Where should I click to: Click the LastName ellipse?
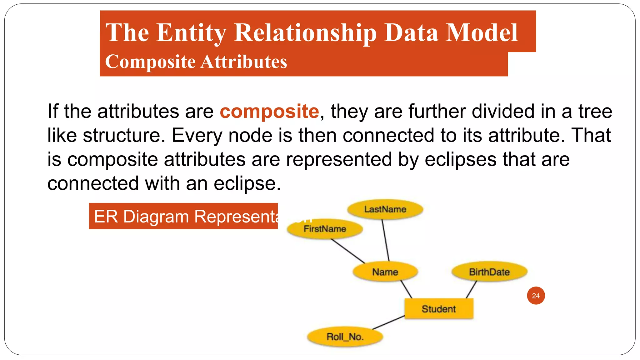coord(385,209)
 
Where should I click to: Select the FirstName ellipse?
coord(325,229)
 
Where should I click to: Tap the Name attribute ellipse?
coord(385,272)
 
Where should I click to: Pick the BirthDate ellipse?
coord(489,272)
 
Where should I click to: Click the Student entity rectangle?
coord(439,309)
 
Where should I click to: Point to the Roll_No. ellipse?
coord(345,337)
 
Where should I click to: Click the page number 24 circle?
coord(536,296)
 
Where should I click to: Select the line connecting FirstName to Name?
coord(347,251)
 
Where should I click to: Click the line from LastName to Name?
coord(385,240)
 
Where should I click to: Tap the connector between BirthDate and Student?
coord(471,289)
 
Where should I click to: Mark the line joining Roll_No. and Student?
coord(388,322)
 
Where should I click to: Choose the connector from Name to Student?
coord(406,289)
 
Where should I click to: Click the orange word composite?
coord(269,112)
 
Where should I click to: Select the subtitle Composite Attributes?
coord(196,62)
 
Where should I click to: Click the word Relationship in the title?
coord(305,33)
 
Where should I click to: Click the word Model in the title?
coord(482,33)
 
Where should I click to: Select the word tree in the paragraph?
coord(595,112)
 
